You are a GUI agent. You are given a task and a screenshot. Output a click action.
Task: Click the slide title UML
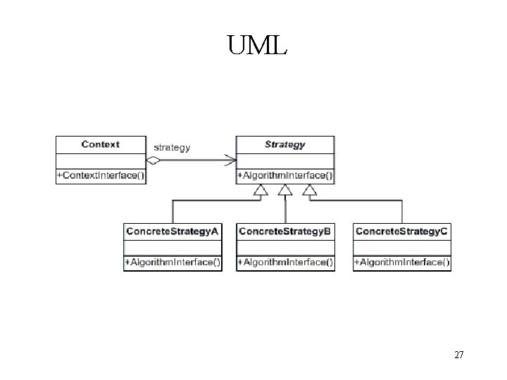[257, 46]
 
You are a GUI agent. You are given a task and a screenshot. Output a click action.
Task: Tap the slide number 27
[458, 355]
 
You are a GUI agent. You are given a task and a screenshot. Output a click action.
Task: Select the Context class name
[101, 144]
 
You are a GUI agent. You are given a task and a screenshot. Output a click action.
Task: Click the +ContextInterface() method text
[101, 175]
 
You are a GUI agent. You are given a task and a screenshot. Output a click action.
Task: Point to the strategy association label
[172, 148]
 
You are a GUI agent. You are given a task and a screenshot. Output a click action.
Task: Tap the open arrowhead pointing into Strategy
[230, 160]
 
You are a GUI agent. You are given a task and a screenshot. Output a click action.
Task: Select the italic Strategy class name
[285, 144]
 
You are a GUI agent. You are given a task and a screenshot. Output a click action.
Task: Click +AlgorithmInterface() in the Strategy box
[285, 175]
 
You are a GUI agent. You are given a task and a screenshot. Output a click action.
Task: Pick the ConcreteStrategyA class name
[173, 232]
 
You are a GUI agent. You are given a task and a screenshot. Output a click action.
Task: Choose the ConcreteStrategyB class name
[285, 232]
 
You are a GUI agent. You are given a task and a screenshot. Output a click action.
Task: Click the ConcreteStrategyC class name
[401, 232]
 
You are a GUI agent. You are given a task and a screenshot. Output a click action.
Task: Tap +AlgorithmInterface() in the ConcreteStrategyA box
[173, 262]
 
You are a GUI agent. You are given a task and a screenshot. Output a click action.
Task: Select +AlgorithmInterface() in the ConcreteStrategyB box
[285, 262]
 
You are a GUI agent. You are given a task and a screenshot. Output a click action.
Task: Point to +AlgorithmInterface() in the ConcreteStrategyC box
[401, 262]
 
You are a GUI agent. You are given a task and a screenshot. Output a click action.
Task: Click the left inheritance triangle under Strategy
[261, 190]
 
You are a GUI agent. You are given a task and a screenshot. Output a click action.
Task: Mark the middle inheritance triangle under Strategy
[285, 190]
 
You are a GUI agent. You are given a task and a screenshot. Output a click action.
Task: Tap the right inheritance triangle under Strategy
[309, 190]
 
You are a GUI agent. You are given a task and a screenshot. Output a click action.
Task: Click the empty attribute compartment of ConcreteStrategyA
[173, 247]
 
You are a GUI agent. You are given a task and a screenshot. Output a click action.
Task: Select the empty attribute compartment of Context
[101, 160]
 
